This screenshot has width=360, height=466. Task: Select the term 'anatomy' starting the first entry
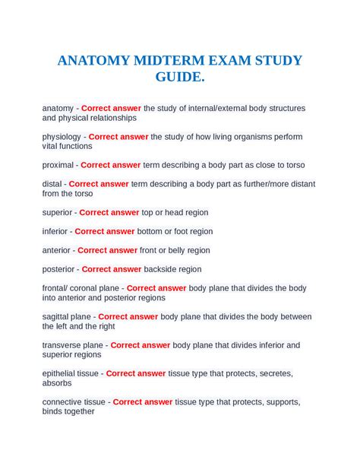(58, 108)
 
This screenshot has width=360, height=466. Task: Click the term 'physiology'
(62, 137)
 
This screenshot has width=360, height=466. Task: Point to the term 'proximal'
(58, 164)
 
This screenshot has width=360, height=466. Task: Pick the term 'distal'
(53, 183)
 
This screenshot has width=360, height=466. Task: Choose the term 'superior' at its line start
(58, 212)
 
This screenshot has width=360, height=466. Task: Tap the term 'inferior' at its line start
(55, 231)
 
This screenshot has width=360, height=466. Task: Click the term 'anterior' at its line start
(57, 250)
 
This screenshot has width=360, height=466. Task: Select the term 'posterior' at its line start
(59, 269)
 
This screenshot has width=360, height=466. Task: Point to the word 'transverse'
(63, 344)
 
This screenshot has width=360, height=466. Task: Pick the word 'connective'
(63, 401)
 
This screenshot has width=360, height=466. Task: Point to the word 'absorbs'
(58, 382)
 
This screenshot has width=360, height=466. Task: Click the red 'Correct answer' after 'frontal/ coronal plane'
(156, 288)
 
